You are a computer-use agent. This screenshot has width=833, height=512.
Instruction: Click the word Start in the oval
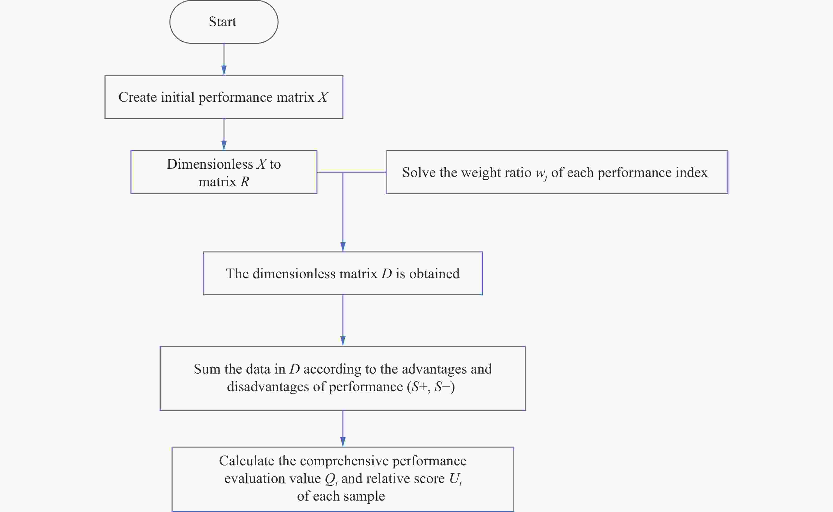pos(222,22)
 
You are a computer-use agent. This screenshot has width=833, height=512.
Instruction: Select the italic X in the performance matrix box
pos(323,97)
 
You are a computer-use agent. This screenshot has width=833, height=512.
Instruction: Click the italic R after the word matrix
pos(245,182)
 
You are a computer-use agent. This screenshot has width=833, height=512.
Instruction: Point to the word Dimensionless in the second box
pos(210,164)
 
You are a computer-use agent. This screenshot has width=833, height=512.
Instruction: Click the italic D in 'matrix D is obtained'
pos(387,274)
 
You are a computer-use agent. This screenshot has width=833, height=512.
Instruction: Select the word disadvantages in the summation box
pos(268,387)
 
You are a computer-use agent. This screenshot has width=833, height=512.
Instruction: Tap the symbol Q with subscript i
pos(331,479)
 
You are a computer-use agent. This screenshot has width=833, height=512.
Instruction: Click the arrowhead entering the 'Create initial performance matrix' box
pos(224,70)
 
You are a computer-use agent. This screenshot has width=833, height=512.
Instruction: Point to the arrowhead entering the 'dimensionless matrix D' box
pos(343,247)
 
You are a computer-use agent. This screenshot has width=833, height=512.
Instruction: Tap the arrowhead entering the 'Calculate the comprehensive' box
pos(343,442)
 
